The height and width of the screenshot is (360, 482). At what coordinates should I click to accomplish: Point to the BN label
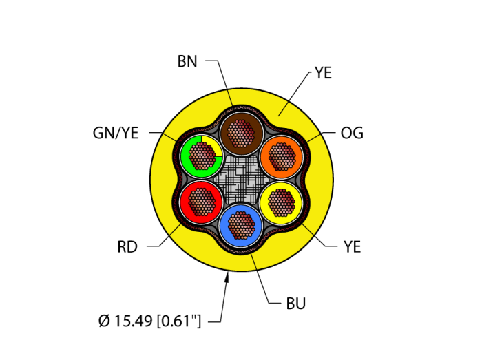[187, 61]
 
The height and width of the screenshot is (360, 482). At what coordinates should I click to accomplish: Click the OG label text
[352, 133]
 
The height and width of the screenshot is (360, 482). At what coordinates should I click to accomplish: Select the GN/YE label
[116, 133]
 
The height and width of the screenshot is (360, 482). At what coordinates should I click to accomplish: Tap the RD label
[127, 247]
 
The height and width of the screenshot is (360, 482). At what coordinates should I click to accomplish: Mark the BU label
[296, 304]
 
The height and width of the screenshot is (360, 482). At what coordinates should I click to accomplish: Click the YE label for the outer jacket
[323, 73]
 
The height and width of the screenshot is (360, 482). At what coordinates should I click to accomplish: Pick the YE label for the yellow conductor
[352, 247]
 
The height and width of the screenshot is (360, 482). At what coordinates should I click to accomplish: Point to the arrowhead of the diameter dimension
[227, 277]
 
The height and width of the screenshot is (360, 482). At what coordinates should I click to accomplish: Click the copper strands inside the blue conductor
[240, 225]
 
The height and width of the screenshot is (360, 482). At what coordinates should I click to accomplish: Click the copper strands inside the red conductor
[200, 201]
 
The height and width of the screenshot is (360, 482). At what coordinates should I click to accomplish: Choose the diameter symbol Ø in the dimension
[104, 321]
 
